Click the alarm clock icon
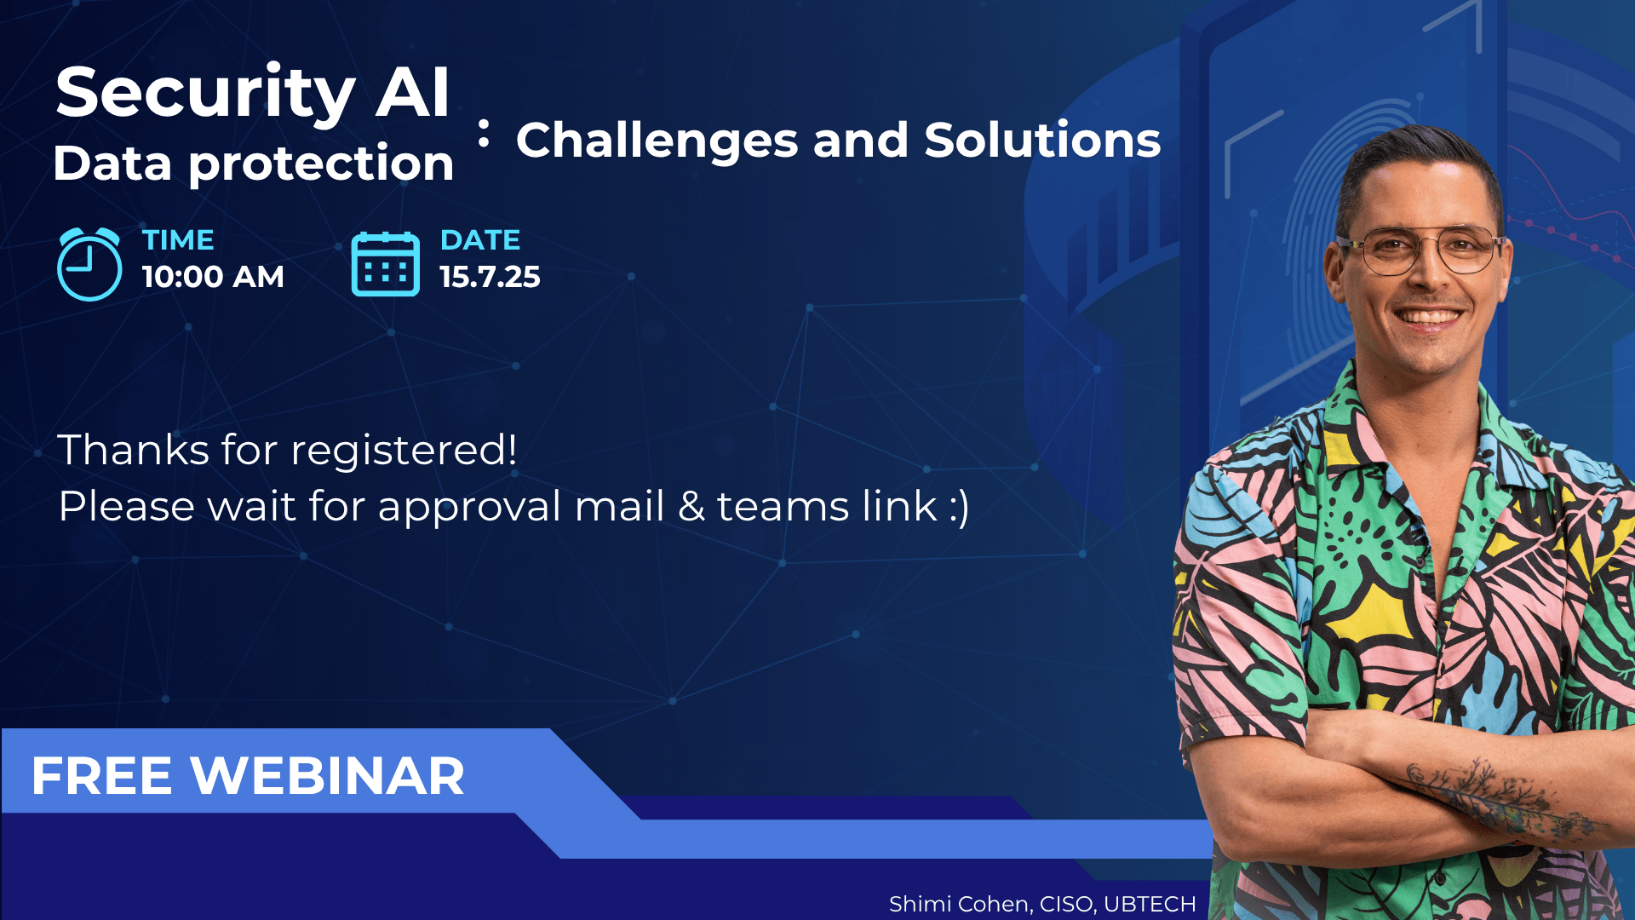[x=89, y=264]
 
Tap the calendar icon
[x=386, y=264]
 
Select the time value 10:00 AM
[x=213, y=277]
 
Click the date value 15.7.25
[x=490, y=277]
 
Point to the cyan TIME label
[x=178, y=240]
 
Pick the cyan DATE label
[x=480, y=240]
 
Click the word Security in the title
[x=205, y=94]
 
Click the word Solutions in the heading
[x=1042, y=140]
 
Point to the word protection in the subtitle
[x=321, y=164]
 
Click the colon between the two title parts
[x=484, y=134]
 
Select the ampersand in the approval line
[x=691, y=506]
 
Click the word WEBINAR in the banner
[x=328, y=776]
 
